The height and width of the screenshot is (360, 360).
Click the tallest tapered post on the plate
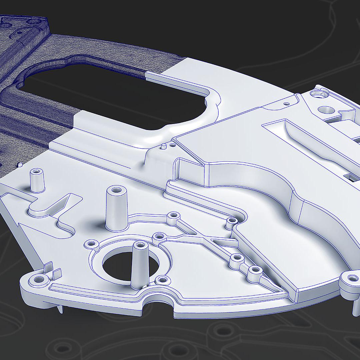[x=117, y=208]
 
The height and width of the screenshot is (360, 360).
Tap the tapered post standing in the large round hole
[x=139, y=265]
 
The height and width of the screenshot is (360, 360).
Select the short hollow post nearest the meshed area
[x=37, y=180]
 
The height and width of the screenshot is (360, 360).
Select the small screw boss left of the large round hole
[x=90, y=244]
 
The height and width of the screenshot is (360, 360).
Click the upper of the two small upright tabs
[x=48, y=267]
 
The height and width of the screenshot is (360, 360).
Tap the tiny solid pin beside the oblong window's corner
[x=164, y=146]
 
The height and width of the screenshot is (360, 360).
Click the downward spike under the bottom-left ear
[x=60, y=309]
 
